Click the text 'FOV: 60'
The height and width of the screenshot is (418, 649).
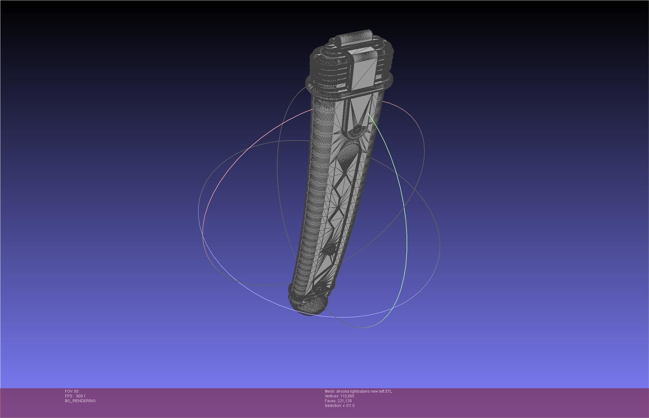72,391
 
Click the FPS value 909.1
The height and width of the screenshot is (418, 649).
80,396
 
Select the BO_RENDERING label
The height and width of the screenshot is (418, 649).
80,401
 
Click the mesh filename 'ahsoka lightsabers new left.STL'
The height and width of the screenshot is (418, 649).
364,391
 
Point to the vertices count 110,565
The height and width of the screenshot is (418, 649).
347,396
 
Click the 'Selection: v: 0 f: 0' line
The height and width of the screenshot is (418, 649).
339,406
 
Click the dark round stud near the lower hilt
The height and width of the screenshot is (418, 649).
330,250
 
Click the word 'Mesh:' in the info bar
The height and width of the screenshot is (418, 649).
330,391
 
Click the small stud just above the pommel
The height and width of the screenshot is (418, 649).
320,288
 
